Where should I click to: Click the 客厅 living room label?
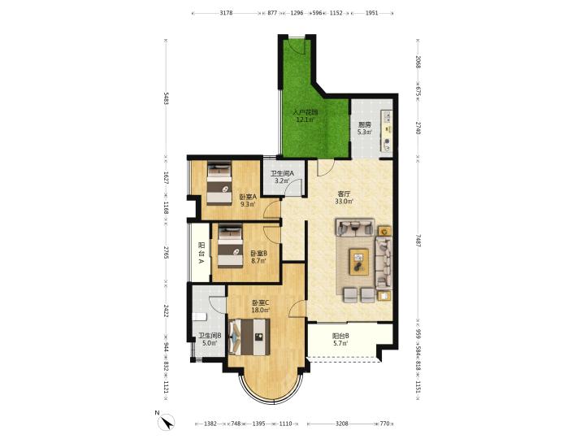[343, 194]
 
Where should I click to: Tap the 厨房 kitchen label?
[365, 124]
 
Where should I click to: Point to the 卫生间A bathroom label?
[283, 173]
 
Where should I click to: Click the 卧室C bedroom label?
[261, 302]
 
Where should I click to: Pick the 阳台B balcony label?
[340, 335]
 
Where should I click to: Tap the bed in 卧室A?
[219, 182]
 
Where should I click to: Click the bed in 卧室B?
[230, 246]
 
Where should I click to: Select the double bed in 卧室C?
[249, 337]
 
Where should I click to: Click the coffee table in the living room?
[359, 262]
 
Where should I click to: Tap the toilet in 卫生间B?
[200, 317]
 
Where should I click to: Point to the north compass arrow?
[167, 422]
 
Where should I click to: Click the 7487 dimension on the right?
[418, 241]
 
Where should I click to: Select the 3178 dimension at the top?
[226, 13]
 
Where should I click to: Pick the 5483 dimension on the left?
[166, 98]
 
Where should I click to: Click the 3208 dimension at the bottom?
[342, 424]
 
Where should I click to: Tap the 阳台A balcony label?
[201, 253]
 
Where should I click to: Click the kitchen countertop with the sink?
[386, 130]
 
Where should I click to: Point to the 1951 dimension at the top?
[371, 13]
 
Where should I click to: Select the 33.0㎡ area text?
[344, 202]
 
